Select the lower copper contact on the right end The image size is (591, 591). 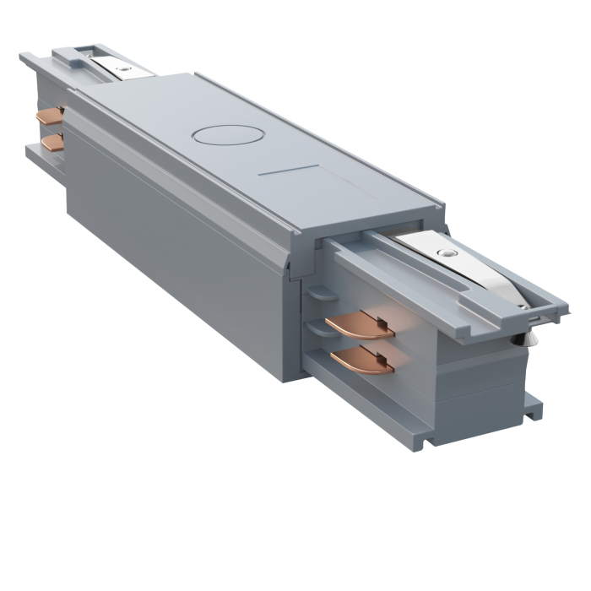363,361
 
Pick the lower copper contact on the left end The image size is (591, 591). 53,142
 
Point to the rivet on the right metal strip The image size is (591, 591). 444,252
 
